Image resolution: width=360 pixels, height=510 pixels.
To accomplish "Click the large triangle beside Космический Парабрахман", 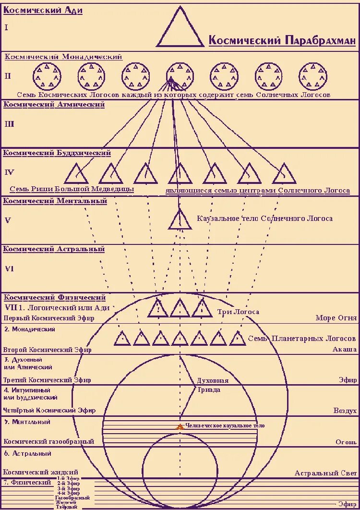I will click(180, 29).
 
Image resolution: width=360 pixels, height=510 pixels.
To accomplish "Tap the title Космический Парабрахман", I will click(282, 40).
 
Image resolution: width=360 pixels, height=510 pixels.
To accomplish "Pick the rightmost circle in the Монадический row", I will click(313, 76).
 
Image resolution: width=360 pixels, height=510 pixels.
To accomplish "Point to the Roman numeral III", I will click(10, 124).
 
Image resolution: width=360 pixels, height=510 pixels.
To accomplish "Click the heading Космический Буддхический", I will click(57, 153).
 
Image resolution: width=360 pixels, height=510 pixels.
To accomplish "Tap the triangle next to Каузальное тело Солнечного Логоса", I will click(180, 220).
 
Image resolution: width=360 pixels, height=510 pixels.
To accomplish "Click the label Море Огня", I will click(336, 318).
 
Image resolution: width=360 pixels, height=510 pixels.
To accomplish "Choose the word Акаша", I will click(344, 350).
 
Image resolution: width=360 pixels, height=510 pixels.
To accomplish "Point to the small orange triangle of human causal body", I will click(180, 426).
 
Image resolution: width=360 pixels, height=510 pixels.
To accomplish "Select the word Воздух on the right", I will click(345, 411).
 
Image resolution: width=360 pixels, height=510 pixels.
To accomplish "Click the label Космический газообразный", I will click(49, 441).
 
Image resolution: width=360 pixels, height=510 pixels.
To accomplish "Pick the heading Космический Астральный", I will click(54, 249).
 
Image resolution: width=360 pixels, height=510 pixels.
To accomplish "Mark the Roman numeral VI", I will click(10, 269).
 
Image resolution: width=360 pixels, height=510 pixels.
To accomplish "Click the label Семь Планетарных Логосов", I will click(301, 339).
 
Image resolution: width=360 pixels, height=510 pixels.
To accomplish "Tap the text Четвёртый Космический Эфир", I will click(49, 410).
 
